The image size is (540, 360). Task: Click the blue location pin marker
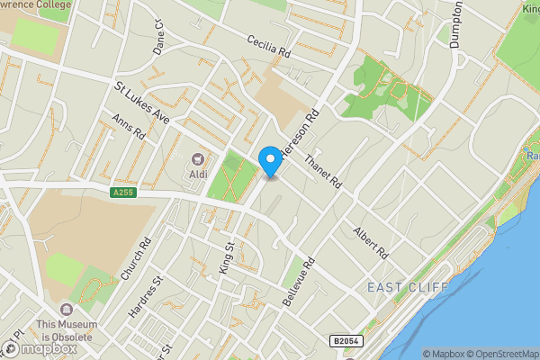pyautogui.click(x=269, y=160)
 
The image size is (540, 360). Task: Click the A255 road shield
pyautogui.click(x=124, y=193)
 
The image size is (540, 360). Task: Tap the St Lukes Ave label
pyautogui.click(x=142, y=103)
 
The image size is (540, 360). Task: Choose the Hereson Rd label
pyautogui.click(x=301, y=130)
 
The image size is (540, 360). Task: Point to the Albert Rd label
pyautogui.click(x=370, y=240)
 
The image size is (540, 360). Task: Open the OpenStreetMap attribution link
pyautogui.click(x=498, y=354)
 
